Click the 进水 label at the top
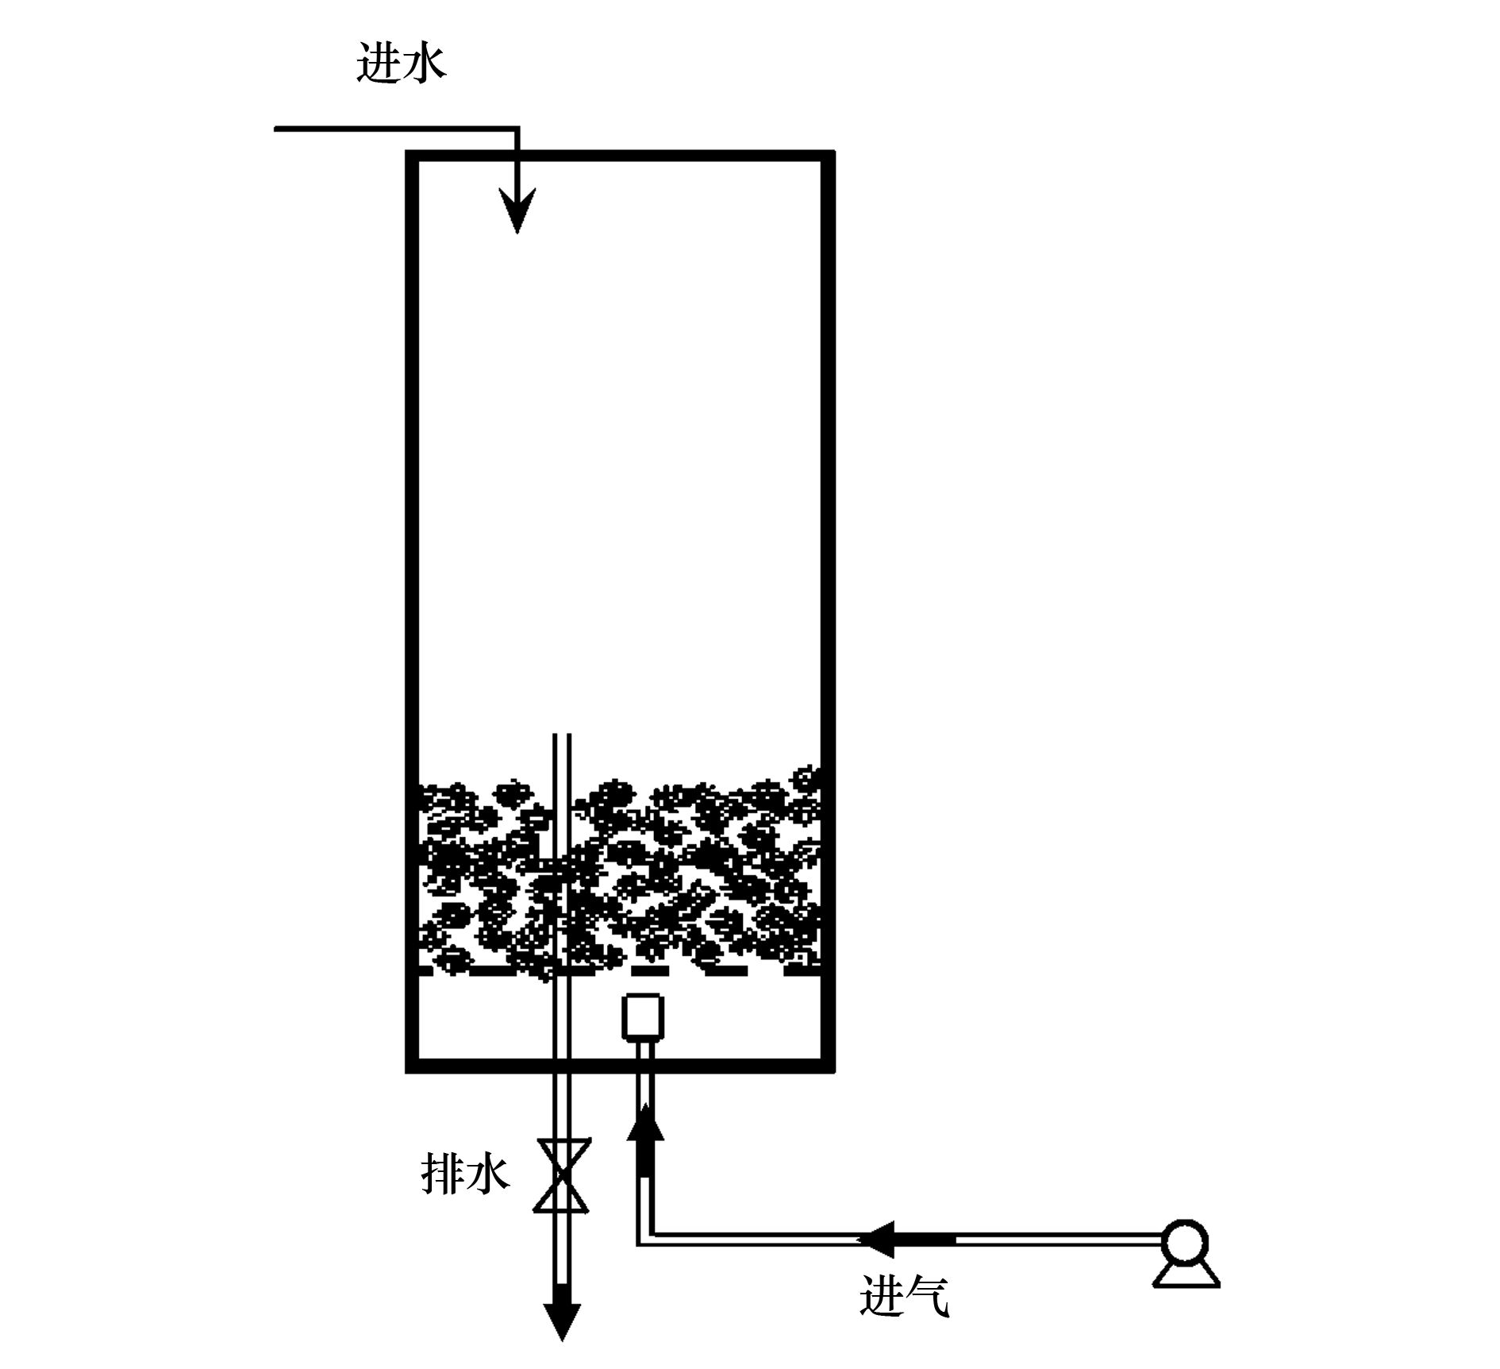click(x=402, y=63)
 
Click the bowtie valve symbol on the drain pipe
click(x=562, y=1175)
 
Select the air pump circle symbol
click(x=1185, y=1243)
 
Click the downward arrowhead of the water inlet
click(x=517, y=210)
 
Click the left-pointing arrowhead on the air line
click(x=881, y=1240)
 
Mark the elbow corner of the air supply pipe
click(x=644, y=1238)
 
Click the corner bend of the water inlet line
click(x=516, y=128)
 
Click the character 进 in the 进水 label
click(x=379, y=63)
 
